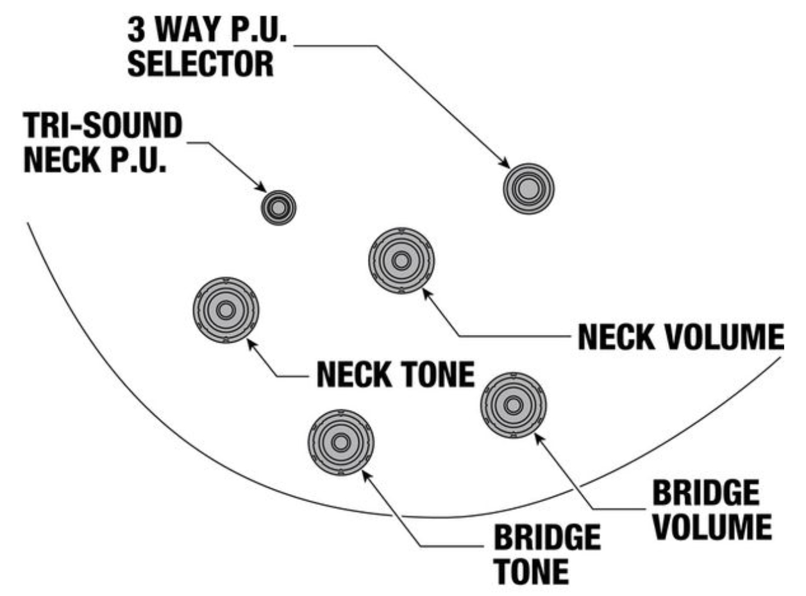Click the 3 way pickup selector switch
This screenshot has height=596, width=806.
(528, 189)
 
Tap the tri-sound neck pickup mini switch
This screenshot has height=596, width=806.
(278, 207)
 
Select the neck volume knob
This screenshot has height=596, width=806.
(401, 260)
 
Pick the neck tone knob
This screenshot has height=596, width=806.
(225, 311)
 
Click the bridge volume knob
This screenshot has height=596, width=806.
(513, 405)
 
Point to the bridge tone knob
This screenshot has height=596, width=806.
(340, 442)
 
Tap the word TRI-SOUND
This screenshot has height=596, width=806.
(103, 127)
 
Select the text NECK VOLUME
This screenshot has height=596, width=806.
(680, 337)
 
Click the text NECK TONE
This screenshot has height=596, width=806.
(395, 373)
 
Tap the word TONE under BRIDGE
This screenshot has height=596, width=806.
(530, 571)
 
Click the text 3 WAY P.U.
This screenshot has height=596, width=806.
(209, 30)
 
